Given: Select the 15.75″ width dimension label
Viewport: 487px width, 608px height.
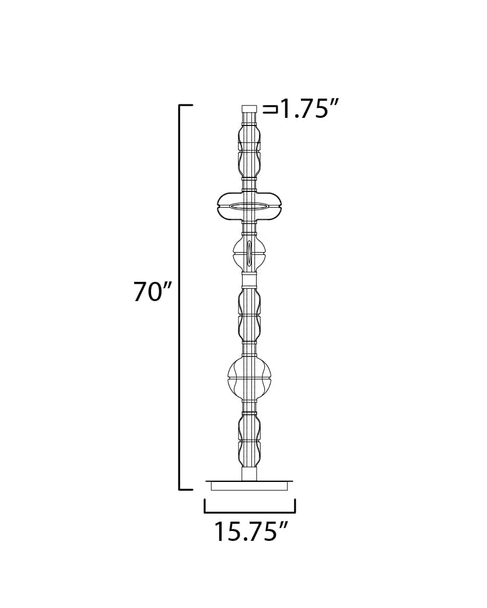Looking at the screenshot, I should pos(251,531).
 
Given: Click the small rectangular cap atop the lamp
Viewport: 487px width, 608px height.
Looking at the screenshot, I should pos(249,109).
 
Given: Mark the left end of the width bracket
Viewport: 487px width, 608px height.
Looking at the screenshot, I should pos(205,506).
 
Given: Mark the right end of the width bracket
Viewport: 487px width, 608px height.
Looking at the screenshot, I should pos(295,506).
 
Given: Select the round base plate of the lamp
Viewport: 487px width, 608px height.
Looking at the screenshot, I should pos(249,484).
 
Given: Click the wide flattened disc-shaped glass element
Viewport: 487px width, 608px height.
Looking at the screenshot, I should pos(249,206).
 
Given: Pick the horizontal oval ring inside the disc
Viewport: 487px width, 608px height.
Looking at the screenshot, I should pos(249,206).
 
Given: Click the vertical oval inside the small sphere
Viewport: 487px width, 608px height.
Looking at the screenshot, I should pos(249,253).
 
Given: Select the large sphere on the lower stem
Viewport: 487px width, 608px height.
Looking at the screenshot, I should pos(249,376).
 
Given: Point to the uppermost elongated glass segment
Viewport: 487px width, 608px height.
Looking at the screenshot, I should pos(249,150).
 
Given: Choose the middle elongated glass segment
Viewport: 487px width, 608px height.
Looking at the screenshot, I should pos(249,315).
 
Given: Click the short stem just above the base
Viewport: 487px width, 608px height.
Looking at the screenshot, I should pos(249,473).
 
